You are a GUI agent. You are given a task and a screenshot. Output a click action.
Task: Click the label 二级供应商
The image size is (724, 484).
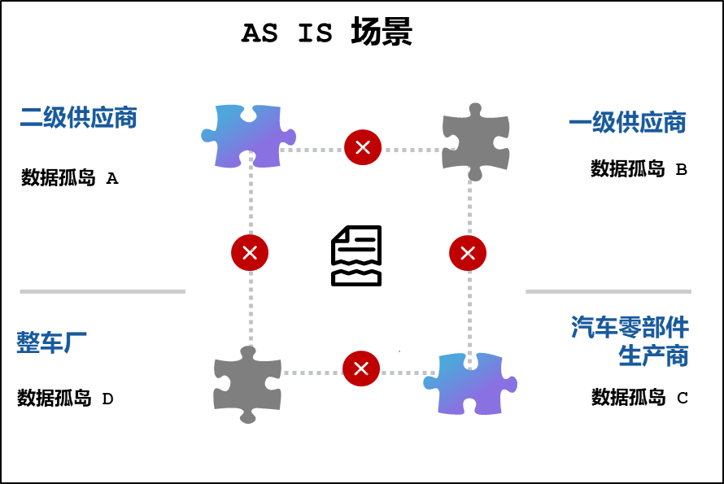[x=78, y=117]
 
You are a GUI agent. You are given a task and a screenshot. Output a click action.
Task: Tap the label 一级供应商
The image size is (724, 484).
[x=627, y=123]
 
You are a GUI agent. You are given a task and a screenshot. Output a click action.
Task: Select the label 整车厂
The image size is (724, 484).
[x=51, y=342]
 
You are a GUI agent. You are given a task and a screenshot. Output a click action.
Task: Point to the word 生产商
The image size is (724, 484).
[x=653, y=355]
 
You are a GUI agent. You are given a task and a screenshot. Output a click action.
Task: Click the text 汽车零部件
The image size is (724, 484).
[x=630, y=327]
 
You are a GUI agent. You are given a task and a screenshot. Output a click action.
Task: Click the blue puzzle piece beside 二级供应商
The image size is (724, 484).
[x=248, y=136]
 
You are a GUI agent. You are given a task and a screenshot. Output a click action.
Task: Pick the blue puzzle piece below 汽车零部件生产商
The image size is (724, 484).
[x=470, y=383]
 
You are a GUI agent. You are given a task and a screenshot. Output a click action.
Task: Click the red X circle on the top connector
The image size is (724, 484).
[x=363, y=147]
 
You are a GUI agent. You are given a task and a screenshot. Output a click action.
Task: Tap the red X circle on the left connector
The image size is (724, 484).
[x=250, y=252]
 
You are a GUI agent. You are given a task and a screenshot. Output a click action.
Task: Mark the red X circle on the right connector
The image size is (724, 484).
[x=468, y=253]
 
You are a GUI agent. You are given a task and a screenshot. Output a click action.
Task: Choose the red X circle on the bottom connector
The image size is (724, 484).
[x=361, y=368]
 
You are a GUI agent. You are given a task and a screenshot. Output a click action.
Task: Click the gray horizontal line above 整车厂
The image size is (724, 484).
[x=102, y=291]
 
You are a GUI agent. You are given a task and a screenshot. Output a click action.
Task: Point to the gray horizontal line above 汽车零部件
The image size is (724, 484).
[x=608, y=291]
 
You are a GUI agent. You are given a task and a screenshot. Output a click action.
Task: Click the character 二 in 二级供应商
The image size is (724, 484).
[x=31, y=118]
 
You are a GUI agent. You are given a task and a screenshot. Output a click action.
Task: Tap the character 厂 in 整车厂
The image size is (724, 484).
[x=75, y=342]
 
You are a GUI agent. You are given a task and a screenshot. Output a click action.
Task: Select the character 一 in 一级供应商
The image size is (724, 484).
[x=580, y=123]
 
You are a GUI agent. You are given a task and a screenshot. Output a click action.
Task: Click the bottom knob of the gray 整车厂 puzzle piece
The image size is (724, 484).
[x=248, y=417]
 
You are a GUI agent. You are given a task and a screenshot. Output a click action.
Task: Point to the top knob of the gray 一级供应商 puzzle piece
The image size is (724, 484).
[x=475, y=109]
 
